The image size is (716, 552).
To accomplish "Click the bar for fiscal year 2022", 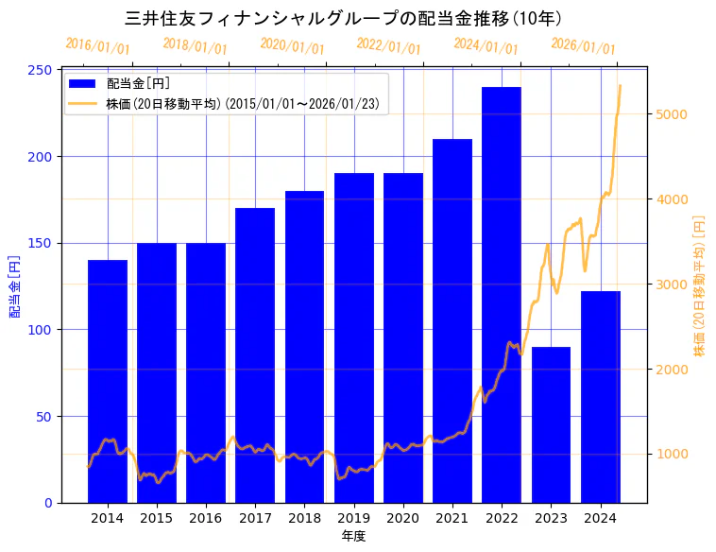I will click(502, 294).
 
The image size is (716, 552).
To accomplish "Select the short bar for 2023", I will click(551, 424).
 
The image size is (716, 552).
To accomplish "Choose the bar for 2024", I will click(600, 397).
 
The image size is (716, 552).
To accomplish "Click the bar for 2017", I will click(255, 354).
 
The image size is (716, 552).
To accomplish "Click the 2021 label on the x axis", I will click(452, 518).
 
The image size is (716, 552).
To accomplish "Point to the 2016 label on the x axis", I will click(206, 518).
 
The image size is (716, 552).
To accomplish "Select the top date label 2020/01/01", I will click(292, 45).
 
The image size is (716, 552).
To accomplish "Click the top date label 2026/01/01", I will click(583, 46).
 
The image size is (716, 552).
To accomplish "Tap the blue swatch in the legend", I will click(82, 84).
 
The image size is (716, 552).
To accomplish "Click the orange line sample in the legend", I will click(82, 104).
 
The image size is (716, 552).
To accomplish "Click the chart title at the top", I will click(345, 18).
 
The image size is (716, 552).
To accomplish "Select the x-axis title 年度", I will click(353, 536).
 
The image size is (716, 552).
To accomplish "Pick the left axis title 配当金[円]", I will click(15, 285).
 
